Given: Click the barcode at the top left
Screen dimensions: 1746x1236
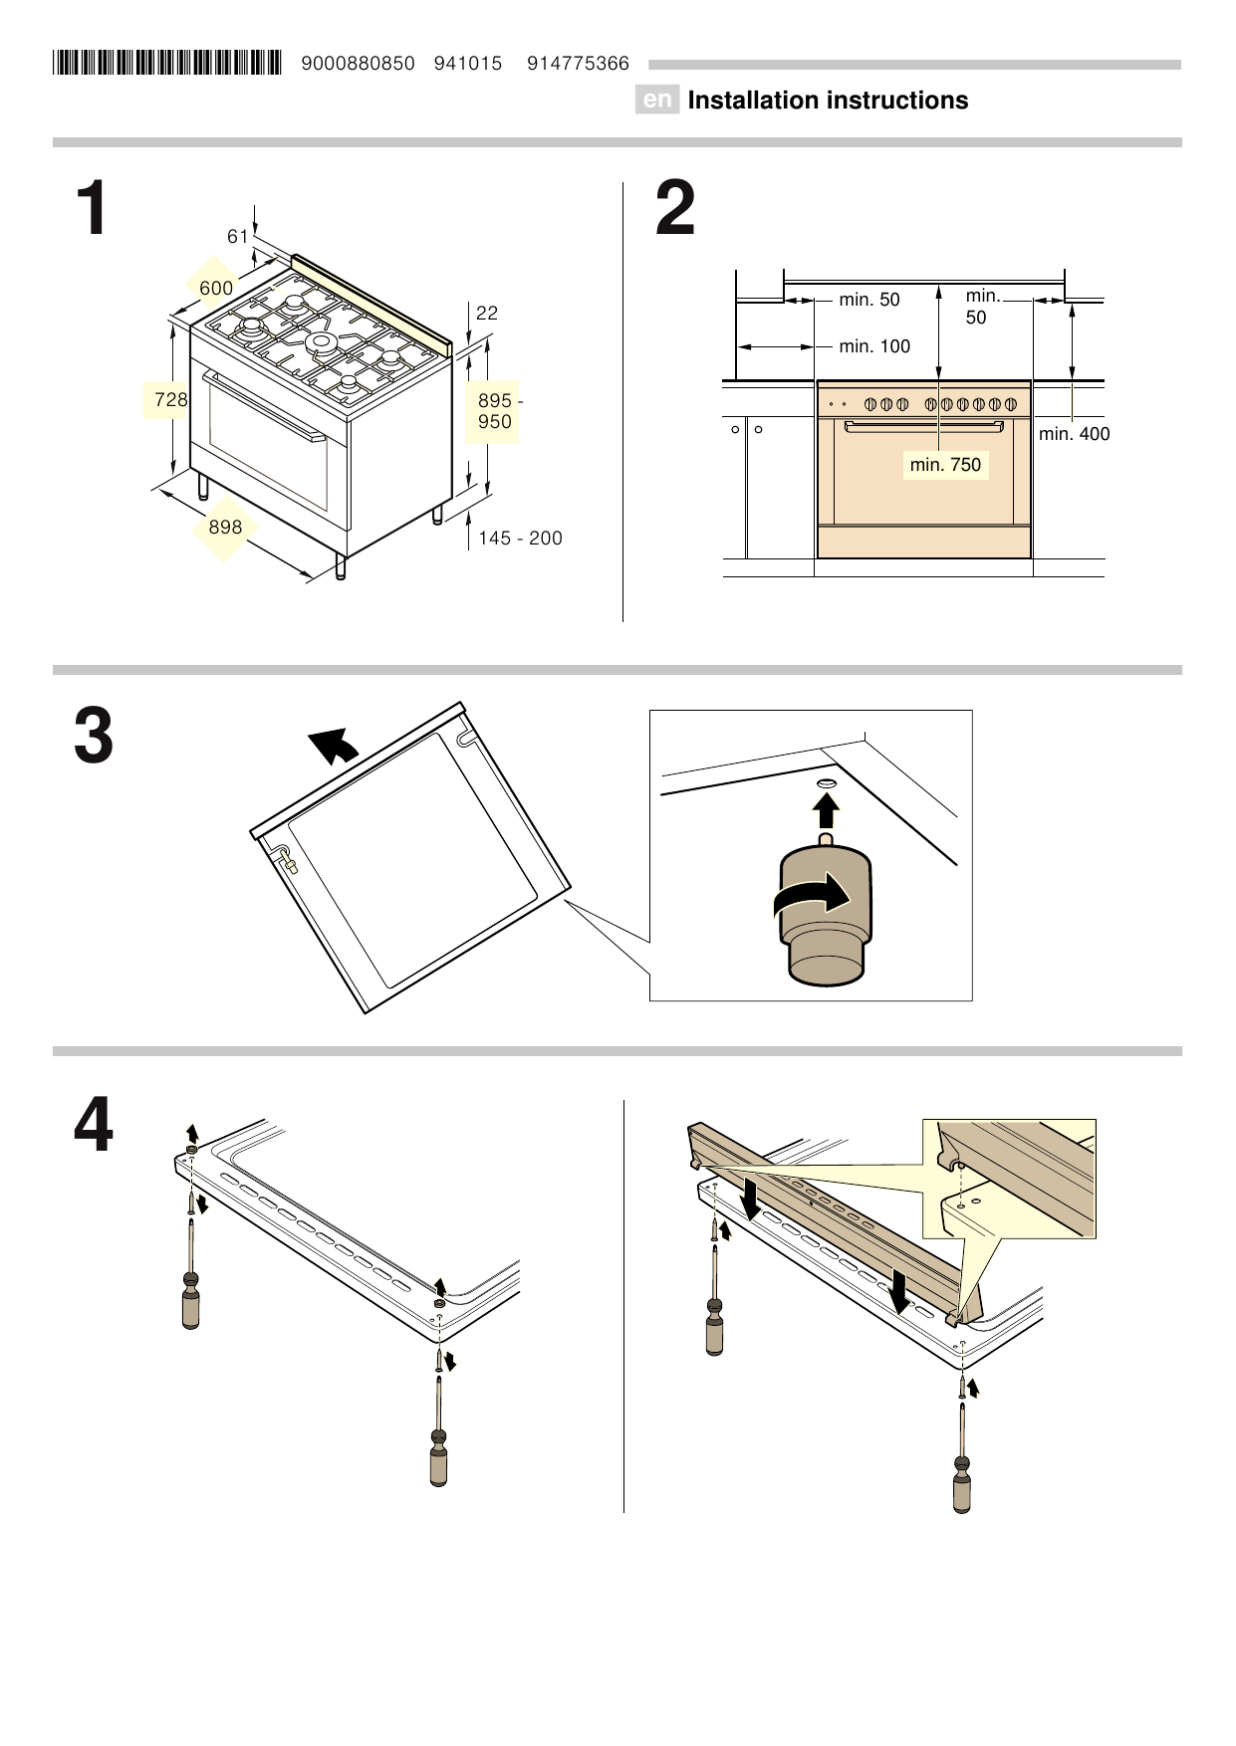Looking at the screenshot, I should tap(166, 64).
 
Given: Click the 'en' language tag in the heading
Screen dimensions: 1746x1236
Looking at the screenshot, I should tap(656, 101).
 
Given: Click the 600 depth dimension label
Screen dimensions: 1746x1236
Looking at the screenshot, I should tap(216, 289).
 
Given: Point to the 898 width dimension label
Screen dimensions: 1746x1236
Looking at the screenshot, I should tap(225, 527).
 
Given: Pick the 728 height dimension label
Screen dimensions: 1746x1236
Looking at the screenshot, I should tap(170, 399).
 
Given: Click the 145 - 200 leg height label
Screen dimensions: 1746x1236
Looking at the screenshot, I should tap(520, 539).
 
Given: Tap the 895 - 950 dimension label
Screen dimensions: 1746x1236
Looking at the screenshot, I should tap(494, 411).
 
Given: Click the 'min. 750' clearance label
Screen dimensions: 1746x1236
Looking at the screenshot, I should tap(945, 465).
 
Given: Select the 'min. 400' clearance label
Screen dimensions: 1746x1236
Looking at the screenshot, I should tap(1074, 434).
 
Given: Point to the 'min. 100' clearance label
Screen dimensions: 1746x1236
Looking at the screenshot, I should tap(874, 346).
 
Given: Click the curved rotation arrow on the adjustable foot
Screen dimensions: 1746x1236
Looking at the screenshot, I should tap(813, 898).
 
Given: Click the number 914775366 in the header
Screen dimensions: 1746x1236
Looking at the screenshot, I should tap(578, 64).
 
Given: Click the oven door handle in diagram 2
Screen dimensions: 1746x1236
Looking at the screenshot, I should tap(923, 426).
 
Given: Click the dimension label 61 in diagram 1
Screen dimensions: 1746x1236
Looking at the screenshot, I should tap(237, 237).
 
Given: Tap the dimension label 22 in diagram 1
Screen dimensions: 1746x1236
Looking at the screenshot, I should tap(486, 314).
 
